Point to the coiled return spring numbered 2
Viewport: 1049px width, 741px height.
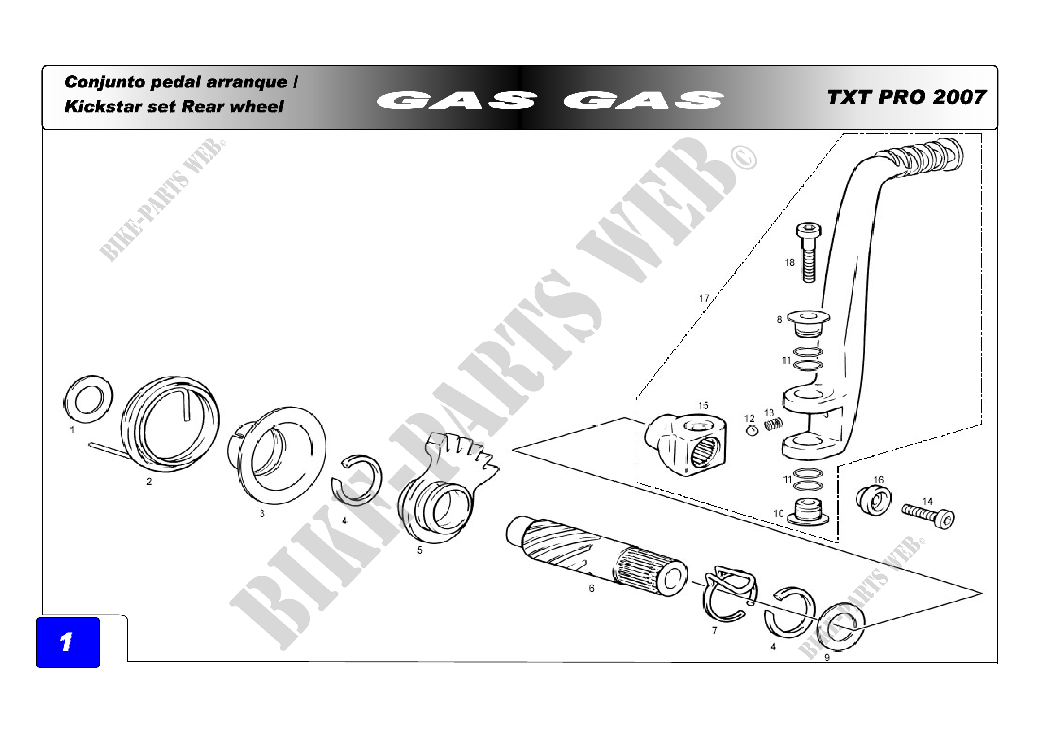click(170, 425)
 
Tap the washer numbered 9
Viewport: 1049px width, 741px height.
click(840, 626)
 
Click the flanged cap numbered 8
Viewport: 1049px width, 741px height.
click(808, 323)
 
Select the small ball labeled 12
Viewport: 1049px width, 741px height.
click(752, 430)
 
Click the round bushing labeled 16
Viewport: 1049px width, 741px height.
click(873, 500)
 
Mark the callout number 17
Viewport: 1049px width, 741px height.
click(704, 298)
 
